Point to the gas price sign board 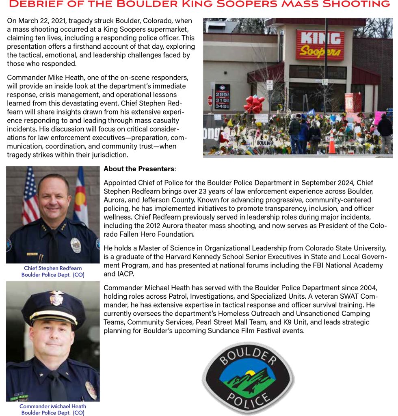pos(222,96)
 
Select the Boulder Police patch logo pos(248,379)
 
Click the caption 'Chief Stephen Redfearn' pos(53,268)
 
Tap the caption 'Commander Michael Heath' pos(53,406)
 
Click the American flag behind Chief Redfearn pos(30,195)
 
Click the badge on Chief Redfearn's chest pos(76,245)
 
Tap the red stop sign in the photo pos(210,100)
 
